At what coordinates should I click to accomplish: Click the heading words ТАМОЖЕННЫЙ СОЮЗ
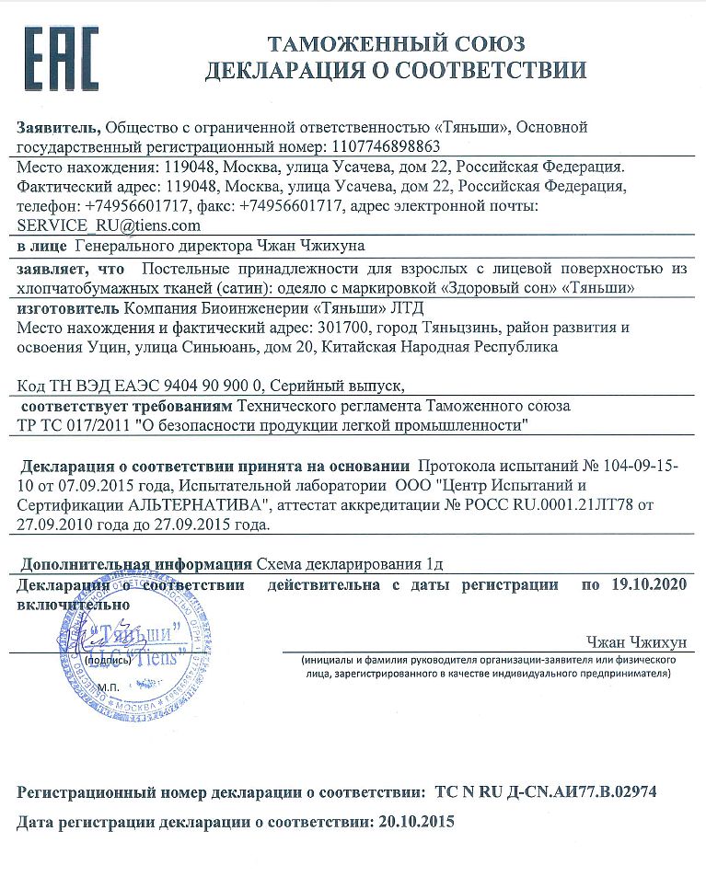[396, 43]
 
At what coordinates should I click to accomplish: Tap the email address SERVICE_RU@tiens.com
[109, 225]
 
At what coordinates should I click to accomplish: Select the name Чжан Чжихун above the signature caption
[634, 641]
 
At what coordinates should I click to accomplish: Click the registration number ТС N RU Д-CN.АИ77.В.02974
[546, 791]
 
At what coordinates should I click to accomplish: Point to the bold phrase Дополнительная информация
[137, 564]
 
